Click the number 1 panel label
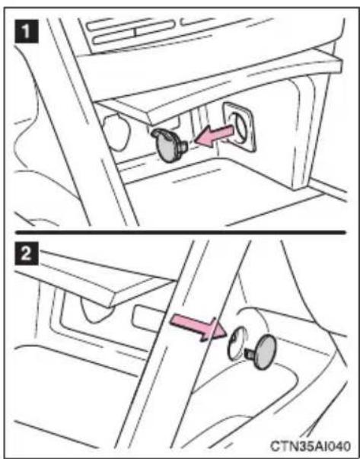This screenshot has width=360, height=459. [x=27, y=32]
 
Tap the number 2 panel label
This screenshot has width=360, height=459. [x=27, y=253]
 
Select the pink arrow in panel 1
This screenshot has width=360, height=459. [x=214, y=135]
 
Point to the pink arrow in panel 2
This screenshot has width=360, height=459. [x=199, y=327]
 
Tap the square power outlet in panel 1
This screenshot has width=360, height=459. [x=239, y=127]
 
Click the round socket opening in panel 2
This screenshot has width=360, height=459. [x=236, y=343]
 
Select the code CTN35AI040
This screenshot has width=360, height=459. [x=310, y=446]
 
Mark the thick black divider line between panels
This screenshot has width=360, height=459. [x=180, y=232]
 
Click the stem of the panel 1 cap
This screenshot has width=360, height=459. [x=183, y=146]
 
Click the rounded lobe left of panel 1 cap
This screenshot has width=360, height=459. [x=116, y=132]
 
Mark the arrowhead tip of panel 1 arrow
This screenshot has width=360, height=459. [x=195, y=140]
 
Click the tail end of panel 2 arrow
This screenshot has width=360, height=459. [x=172, y=318]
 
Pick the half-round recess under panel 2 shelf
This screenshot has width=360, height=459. [x=97, y=311]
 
